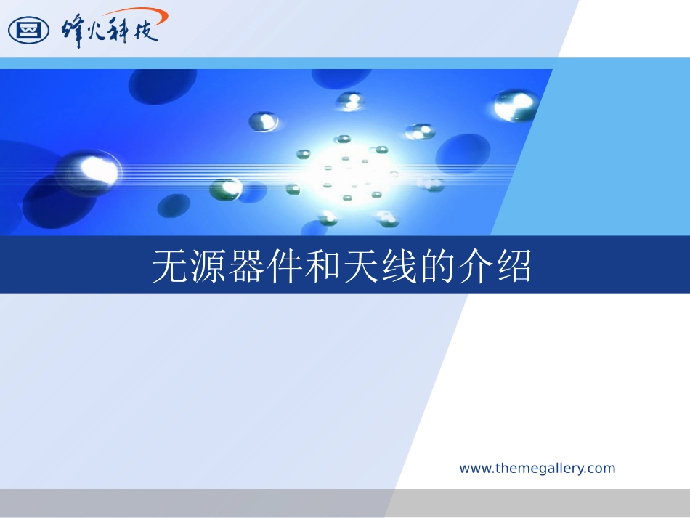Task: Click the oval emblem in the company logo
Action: coord(28,30)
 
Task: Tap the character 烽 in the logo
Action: coord(72,31)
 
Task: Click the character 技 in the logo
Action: coord(145,31)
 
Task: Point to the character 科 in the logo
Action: coord(118,31)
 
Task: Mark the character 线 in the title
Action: coord(399,267)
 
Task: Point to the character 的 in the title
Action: coord(437,267)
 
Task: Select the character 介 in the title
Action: coord(475,267)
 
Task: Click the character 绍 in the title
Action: coord(514,267)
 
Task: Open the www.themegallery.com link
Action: coord(537,469)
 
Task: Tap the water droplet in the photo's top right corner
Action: coord(515,105)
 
